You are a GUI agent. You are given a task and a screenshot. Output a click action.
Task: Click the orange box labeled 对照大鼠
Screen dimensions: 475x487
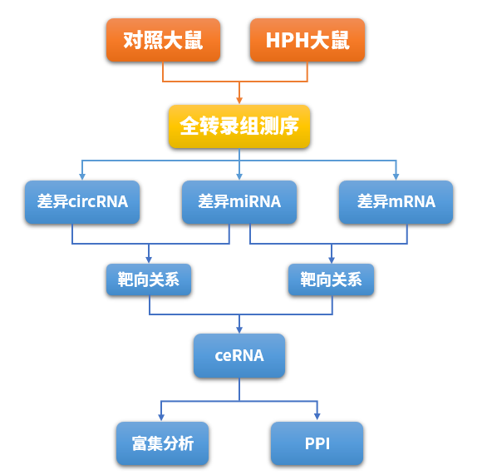[x=163, y=40]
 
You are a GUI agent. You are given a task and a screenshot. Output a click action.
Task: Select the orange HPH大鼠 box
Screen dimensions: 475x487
[x=307, y=40]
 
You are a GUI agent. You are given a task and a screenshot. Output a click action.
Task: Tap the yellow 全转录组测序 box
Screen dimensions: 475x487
[x=239, y=126]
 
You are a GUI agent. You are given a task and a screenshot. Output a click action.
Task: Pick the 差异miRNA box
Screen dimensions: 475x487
[x=239, y=201]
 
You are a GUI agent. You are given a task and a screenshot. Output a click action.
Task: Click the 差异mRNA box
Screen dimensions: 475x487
[x=396, y=201]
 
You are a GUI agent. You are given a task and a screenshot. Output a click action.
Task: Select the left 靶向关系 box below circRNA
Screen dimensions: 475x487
[x=149, y=280]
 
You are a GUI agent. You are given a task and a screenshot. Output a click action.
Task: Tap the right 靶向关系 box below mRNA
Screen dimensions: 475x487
[x=331, y=280]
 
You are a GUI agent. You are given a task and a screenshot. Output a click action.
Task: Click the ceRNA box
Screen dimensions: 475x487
[x=239, y=355]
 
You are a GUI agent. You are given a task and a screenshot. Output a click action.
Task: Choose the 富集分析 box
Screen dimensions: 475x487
[x=161, y=443]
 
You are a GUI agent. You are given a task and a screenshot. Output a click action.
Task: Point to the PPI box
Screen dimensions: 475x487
[x=317, y=443]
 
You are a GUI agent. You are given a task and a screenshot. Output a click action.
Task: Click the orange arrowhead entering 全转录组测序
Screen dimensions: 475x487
[x=239, y=100]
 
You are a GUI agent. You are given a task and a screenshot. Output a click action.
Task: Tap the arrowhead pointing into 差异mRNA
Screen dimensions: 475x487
[x=396, y=176]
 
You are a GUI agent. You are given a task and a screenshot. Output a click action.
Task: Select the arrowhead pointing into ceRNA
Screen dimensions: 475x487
[x=239, y=330]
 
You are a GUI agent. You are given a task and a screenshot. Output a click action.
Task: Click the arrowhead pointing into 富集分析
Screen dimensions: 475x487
[x=161, y=418]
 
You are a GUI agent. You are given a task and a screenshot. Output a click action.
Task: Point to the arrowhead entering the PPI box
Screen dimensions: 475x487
[x=317, y=418]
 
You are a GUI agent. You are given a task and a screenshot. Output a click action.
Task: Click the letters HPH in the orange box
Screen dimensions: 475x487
[x=286, y=40]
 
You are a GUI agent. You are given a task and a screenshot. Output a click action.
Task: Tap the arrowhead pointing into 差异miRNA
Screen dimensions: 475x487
[x=239, y=176]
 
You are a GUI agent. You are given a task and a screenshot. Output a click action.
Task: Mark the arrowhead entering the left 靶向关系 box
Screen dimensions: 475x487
[x=149, y=260]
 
